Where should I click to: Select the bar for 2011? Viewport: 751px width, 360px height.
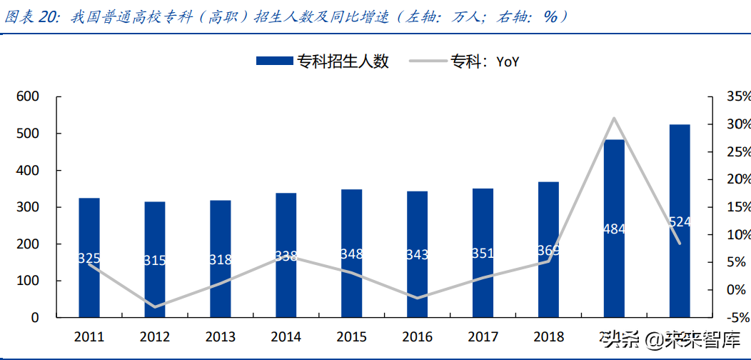(x=89, y=257)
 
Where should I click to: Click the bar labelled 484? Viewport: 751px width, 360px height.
(x=614, y=229)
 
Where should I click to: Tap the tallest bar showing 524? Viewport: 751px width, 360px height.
(x=680, y=221)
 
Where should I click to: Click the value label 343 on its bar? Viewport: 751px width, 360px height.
(x=417, y=254)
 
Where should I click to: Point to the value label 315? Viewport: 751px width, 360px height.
(x=155, y=260)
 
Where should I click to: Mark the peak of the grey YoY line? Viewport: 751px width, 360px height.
(x=614, y=118)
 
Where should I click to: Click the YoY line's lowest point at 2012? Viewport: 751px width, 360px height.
(x=155, y=307)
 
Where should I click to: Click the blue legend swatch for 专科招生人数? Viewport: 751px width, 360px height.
(x=274, y=61)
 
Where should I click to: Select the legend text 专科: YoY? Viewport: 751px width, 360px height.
(x=484, y=61)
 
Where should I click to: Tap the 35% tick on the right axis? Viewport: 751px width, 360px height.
(x=736, y=96)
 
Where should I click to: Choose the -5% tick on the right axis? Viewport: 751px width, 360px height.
(x=736, y=317)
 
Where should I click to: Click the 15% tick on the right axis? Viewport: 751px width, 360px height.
(x=736, y=207)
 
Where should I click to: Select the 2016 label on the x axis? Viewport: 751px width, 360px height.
(x=417, y=336)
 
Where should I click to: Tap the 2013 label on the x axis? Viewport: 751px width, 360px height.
(x=221, y=336)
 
